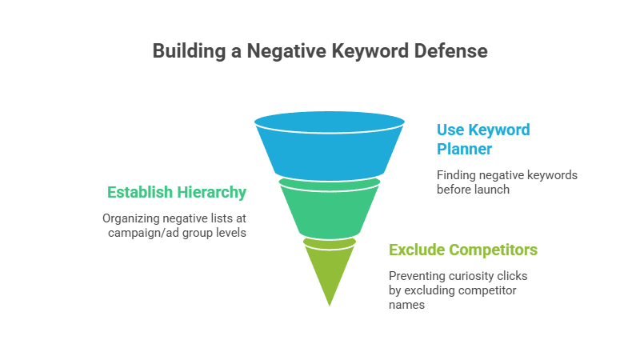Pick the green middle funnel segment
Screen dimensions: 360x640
click(x=329, y=210)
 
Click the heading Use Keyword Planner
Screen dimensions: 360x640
click(x=482, y=138)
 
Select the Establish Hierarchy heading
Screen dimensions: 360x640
click(x=177, y=192)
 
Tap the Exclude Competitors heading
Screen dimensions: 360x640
click(x=462, y=250)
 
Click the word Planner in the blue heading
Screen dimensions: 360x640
click(x=464, y=148)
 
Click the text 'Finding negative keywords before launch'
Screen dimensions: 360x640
click(x=506, y=182)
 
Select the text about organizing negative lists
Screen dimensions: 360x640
click(x=174, y=225)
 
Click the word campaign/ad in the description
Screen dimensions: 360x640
click(x=143, y=232)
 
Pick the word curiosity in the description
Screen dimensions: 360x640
click(x=472, y=276)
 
